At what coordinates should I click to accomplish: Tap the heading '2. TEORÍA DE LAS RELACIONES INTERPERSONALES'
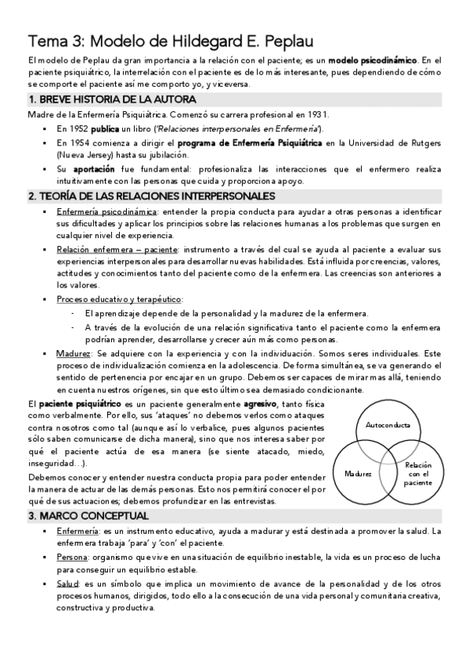point(151,195)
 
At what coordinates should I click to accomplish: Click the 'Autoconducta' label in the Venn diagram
point(388,425)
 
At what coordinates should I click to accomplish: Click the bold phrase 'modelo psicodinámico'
point(372,60)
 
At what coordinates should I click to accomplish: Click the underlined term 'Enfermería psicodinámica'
point(106,211)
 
